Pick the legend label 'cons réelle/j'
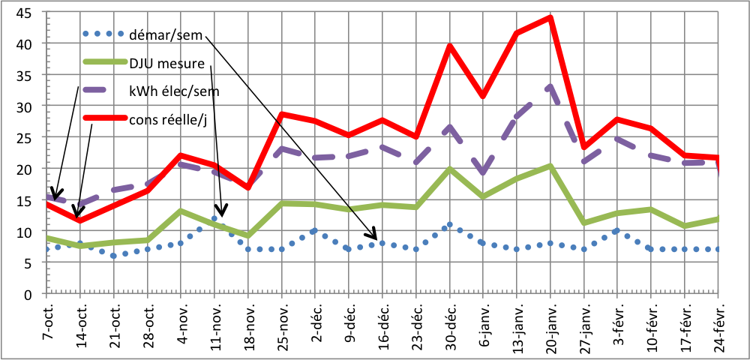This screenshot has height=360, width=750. (x=169, y=118)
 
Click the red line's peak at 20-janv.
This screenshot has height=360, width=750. (x=550, y=17)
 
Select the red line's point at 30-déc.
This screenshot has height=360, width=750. (x=450, y=46)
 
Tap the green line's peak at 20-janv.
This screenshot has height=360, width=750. (x=550, y=166)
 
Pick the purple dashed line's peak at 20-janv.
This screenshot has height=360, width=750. (x=550, y=86)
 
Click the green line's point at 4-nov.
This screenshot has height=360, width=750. (x=181, y=211)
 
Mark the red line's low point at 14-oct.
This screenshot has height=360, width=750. (x=79, y=220)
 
